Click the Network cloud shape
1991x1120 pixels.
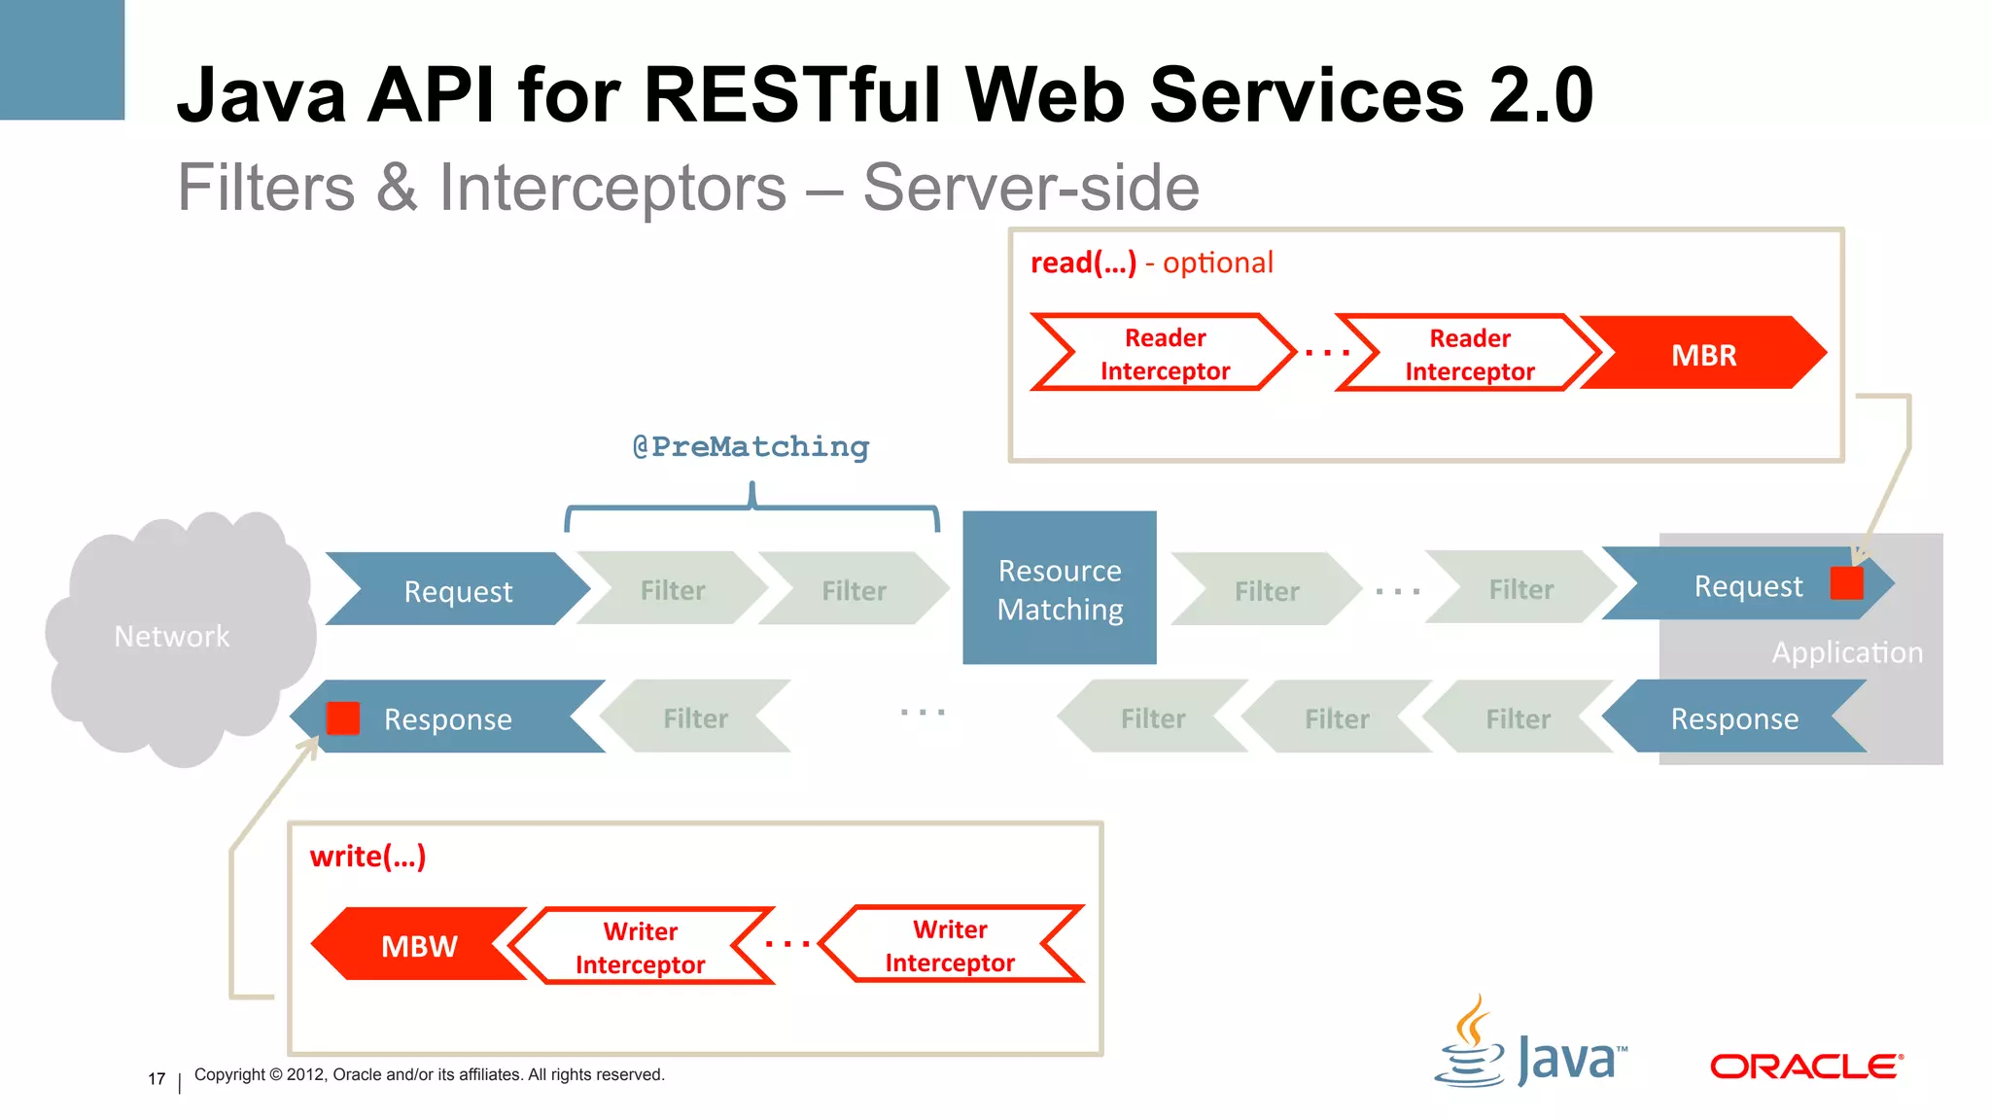[x=175, y=637]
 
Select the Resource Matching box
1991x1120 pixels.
[x=1059, y=588]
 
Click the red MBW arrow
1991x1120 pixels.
[x=418, y=945]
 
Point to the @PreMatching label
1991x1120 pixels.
[x=751, y=447]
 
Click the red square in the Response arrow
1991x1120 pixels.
[x=343, y=718]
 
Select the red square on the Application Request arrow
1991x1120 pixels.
[x=1845, y=583]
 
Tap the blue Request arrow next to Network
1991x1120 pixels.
[x=457, y=590]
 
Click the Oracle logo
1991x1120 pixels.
[x=1805, y=1067]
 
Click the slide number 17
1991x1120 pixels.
[x=157, y=1078]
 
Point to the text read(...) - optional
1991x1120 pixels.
[x=1151, y=263]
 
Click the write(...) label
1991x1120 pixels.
[x=367, y=857]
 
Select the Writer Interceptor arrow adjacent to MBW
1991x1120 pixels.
[x=640, y=947]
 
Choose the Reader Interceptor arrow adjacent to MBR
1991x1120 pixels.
[x=1468, y=354]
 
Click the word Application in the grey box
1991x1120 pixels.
[x=1846, y=652]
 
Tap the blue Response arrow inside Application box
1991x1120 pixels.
[x=1733, y=718]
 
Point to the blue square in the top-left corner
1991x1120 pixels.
[x=61, y=58]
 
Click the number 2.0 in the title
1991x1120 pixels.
[x=1541, y=95]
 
